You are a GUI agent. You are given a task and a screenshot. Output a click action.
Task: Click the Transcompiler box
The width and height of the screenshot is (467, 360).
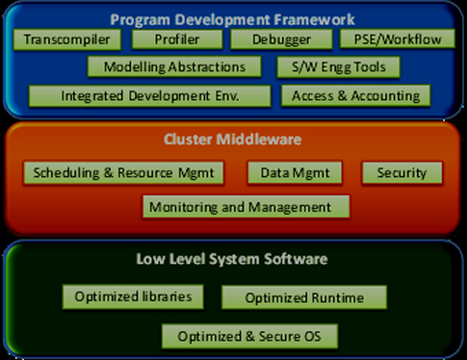tap(67, 39)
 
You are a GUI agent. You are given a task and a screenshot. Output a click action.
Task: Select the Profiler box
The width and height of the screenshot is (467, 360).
tap(177, 39)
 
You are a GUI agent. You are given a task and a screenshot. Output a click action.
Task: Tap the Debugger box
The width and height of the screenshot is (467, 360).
tap(281, 39)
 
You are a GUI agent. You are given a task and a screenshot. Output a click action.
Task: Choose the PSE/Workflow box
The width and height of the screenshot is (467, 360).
tap(398, 39)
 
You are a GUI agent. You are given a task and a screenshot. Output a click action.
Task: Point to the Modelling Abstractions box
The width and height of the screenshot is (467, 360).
tap(174, 66)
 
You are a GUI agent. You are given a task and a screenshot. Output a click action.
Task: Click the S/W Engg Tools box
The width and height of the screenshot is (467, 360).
tap(338, 67)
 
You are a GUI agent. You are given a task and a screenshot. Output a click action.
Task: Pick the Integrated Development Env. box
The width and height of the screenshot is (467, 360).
tap(149, 95)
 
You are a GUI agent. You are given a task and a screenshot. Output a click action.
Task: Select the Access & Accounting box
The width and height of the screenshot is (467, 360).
tap(355, 95)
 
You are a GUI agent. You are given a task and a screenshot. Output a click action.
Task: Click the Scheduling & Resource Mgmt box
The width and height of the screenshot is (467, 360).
tap(123, 172)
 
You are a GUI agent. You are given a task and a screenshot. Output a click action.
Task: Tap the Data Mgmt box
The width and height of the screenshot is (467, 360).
tap(295, 172)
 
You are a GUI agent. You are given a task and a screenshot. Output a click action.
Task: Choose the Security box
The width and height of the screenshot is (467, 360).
tap(402, 172)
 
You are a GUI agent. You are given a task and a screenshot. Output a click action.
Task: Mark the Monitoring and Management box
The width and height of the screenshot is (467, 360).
tap(246, 206)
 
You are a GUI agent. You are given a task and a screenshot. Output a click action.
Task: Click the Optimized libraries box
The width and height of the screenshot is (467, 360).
tap(133, 296)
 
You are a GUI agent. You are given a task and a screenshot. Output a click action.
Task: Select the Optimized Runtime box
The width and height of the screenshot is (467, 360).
tap(304, 297)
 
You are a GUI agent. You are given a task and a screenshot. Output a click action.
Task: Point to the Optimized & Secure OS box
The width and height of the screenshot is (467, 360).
tap(249, 336)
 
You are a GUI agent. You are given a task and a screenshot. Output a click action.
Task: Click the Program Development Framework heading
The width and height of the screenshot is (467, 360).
tap(232, 19)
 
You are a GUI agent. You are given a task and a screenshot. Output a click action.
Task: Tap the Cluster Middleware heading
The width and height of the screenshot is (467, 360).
tap(232, 140)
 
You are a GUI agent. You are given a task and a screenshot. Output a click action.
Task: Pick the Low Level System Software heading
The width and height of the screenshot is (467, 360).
tap(232, 259)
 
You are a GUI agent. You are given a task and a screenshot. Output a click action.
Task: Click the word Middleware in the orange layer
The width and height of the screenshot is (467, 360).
tap(259, 140)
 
